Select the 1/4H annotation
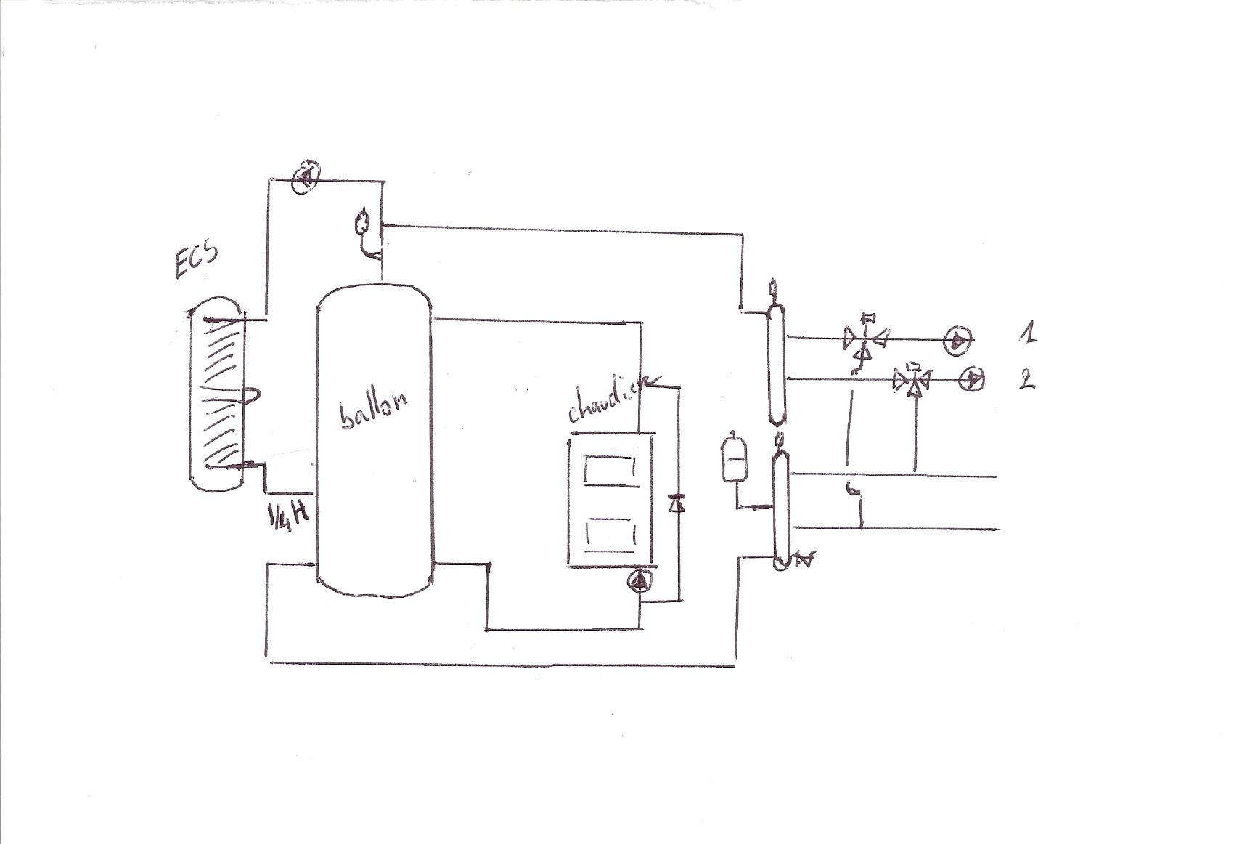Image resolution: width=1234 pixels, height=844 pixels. click(289, 516)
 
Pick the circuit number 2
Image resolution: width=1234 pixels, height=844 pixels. click(1026, 380)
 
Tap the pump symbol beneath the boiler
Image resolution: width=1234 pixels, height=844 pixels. click(641, 581)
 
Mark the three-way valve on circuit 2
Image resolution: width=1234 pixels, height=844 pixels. click(914, 380)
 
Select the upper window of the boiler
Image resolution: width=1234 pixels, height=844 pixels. click(609, 468)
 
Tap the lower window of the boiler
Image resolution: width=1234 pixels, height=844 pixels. click(609, 535)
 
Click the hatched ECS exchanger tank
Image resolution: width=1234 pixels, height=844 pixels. click(216, 392)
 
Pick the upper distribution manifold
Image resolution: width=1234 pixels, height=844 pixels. click(777, 364)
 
